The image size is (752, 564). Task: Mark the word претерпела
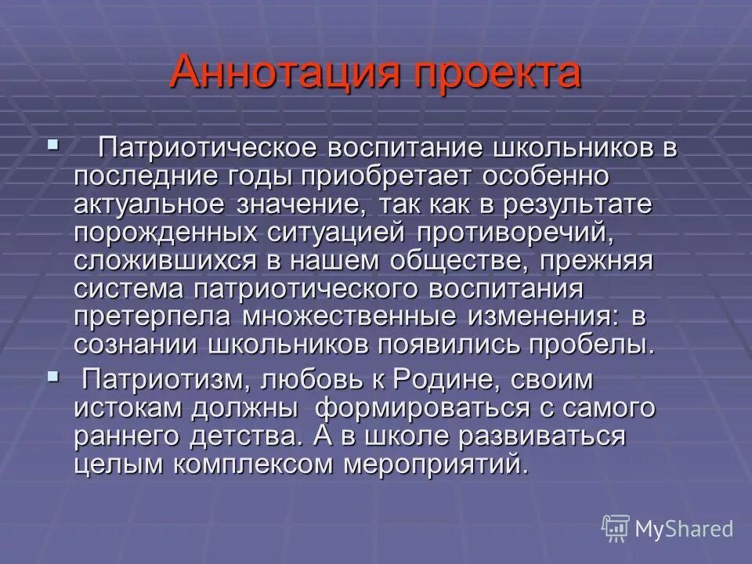click(x=157, y=317)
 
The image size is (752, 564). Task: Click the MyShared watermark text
click(x=683, y=529)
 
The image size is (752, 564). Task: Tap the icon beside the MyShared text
click(x=616, y=529)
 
